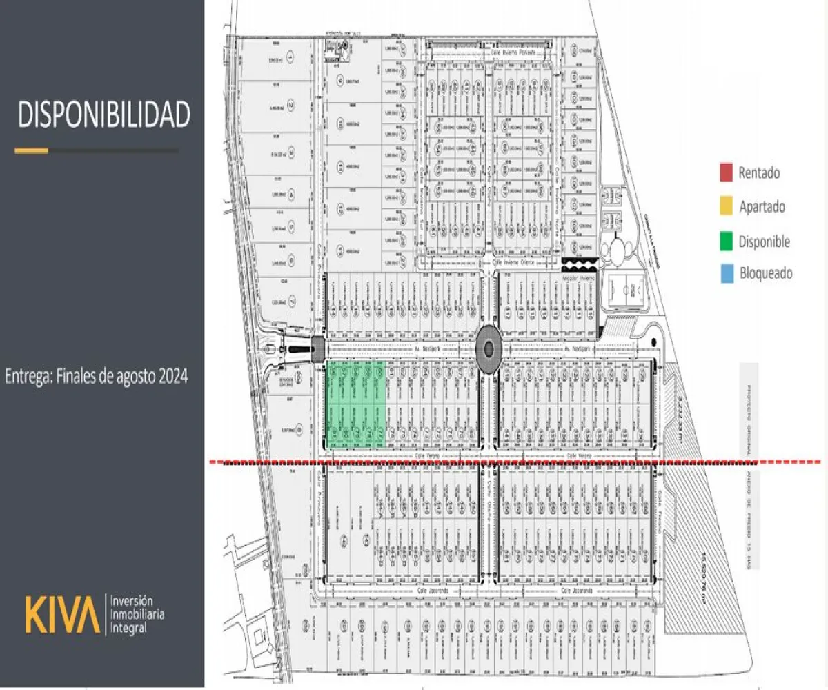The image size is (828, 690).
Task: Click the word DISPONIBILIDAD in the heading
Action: (103, 115)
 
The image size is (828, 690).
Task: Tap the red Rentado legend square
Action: (725, 172)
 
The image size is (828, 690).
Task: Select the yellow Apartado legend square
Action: (725, 206)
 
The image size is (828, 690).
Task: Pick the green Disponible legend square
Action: (725, 241)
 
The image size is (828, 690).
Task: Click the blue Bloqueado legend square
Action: (725, 273)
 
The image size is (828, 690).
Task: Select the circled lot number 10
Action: (340, 124)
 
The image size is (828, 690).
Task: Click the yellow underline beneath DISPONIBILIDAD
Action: (32, 150)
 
